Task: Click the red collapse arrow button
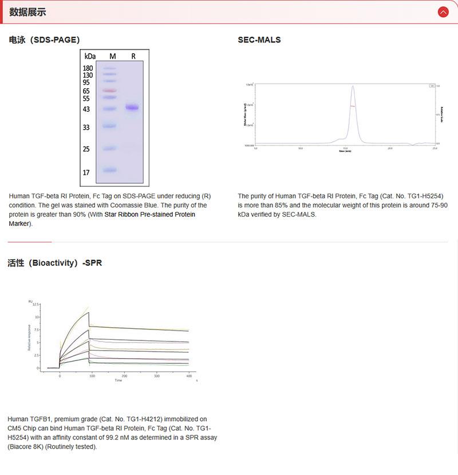pyautogui.click(x=443, y=12)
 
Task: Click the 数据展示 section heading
pyautogui.click(x=27, y=12)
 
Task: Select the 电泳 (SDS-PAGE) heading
pyautogui.click(x=44, y=40)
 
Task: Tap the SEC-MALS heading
pyautogui.click(x=259, y=40)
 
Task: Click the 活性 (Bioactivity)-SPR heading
pyautogui.click(x=54, y=263)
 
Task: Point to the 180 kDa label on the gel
pyautogui.click(x=88, y=68)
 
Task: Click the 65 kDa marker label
pyautogui.click(x=86, y=91)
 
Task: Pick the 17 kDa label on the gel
pyautogui.click(x=86, y=172)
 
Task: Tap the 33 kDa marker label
pyautogui.click(x=86, y=127)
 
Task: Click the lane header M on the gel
pyautogui.click(x=113, y=56)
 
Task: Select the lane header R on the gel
pyautogui.click(x=133, y=56)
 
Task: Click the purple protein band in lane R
pyautogui.click(x=133, y=107)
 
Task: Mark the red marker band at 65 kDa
pyautogui.click(x=109, y=91)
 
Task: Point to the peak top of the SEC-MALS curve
pyautogui.click(x=353, y=87)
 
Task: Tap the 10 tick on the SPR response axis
pyautogui.click(x=37, y=317)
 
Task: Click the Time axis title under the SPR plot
pyautogui.click(x=118, y=380)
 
